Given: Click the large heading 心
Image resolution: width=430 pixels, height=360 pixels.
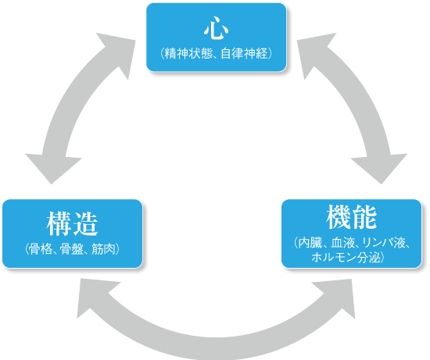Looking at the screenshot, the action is tap(216, 28).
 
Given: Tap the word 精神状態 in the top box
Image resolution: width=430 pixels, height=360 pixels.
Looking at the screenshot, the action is tap(188, 53).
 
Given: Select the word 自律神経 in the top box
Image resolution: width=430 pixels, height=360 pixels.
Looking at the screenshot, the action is tap(244, 53).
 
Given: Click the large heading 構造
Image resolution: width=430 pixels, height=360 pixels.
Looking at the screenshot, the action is tap(72, 224).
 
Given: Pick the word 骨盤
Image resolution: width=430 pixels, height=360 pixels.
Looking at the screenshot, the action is tap(72, 249).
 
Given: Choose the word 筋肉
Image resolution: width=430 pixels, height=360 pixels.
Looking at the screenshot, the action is tap(103, 249).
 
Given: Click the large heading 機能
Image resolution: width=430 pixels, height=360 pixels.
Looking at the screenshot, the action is tap(352, 217).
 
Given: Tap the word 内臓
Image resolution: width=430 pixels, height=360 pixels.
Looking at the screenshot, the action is tap(310, 243).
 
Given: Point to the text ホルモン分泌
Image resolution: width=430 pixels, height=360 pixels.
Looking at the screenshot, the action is tap(346, 258).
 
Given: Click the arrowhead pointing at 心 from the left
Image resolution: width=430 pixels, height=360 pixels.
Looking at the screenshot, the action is tap(118, 53).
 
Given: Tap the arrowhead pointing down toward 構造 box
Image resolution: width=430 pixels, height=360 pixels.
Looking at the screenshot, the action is tap(52, 168).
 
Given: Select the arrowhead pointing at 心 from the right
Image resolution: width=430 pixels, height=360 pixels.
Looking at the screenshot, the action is tap(314, 53).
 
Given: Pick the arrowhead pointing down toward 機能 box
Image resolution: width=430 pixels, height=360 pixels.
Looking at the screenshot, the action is tap(380, 168).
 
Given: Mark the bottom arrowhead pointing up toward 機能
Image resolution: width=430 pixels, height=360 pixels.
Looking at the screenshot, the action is tap(337, 296).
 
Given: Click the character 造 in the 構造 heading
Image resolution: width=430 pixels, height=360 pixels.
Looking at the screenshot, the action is tap(85, 224).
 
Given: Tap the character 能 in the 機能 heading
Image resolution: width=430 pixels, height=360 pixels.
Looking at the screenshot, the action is tap(365, 217).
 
